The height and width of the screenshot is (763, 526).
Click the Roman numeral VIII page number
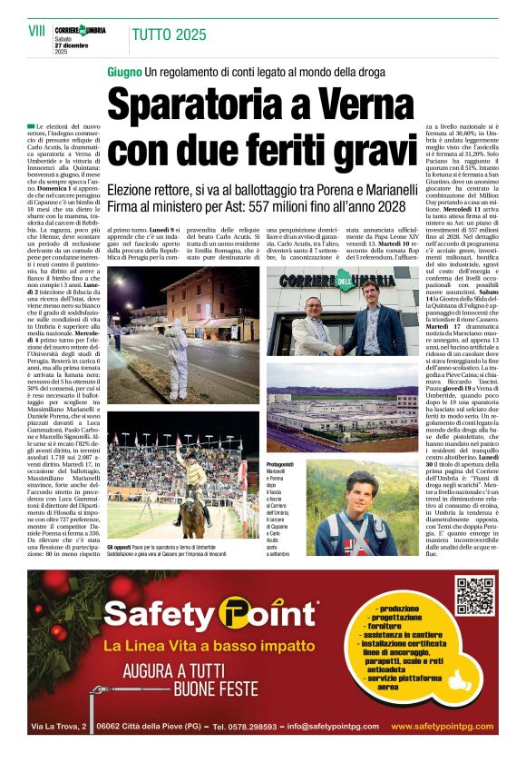pyautogui.click(x=35, y=31)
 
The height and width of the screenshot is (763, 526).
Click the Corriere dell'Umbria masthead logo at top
pyautogui.click(x=79, y=30)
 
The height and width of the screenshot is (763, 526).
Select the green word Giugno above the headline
pyautogui.click(x=124, y=72)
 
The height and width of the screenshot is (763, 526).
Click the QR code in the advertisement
pyautogui.click(x=475, y=595)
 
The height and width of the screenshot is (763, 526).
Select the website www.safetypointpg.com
pyautogui.click(x=442, y=727)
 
